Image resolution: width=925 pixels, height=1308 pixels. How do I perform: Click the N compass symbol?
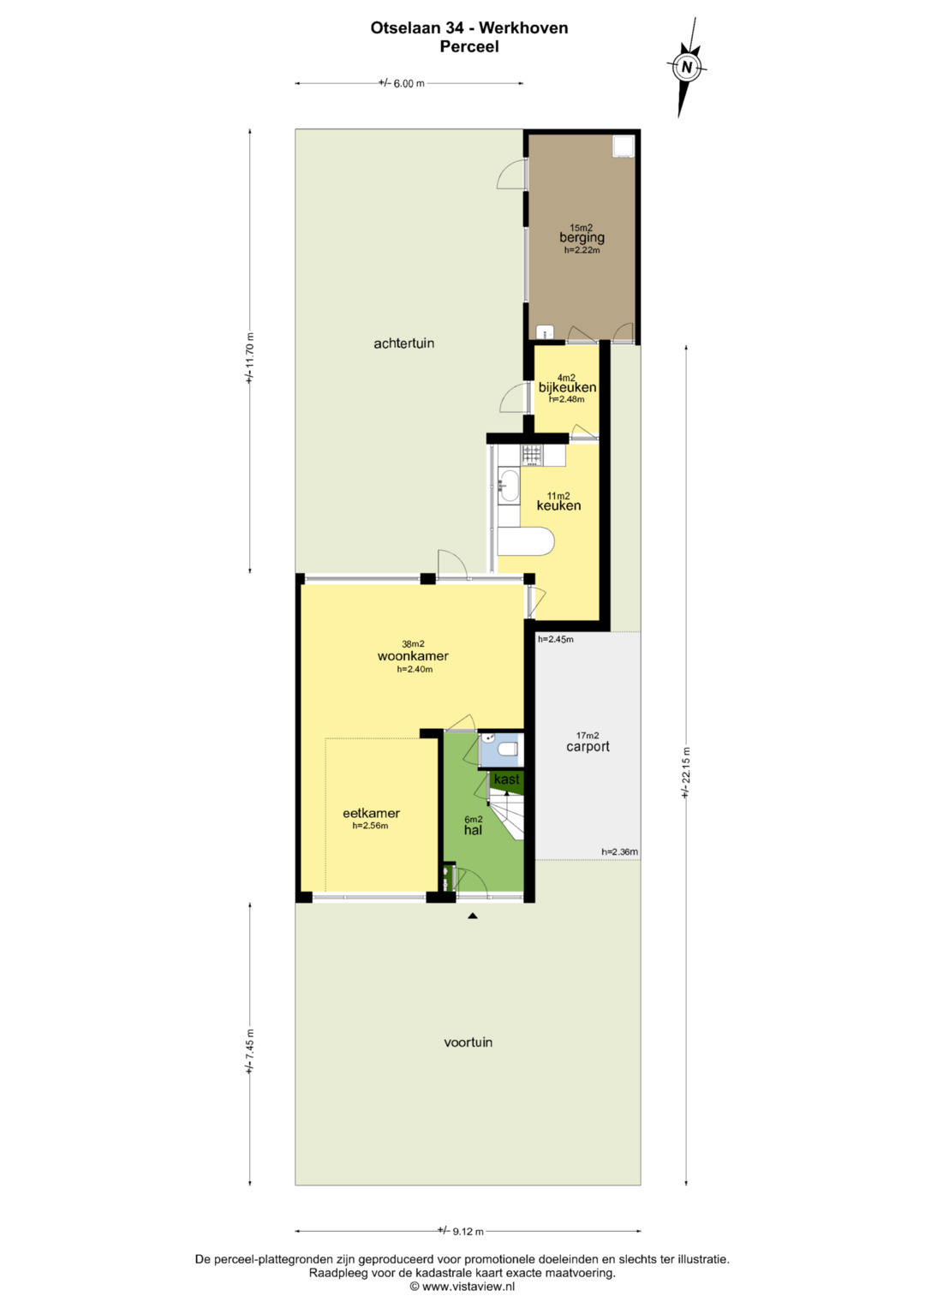point(686,67)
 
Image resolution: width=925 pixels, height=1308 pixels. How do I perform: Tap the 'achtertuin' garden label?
point(403,343)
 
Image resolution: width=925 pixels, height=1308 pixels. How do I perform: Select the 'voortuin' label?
point(468,1042)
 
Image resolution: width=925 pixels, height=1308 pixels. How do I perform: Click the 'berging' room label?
point(582,237)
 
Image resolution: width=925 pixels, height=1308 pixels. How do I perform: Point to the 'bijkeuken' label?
point(567,387)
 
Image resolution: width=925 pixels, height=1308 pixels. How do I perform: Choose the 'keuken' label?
point(558,505)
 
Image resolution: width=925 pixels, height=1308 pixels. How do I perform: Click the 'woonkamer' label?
point(413,656)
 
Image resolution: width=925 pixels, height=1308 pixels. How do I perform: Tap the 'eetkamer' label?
point(371,813)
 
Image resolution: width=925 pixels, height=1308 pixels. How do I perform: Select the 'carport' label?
point(588,746)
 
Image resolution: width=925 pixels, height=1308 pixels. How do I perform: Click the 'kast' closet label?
point(506,779)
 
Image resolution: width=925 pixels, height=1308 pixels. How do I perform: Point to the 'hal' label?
point(473,830)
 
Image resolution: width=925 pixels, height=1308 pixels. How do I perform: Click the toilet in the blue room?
point(510,749)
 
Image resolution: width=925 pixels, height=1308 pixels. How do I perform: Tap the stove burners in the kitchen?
point(532,455)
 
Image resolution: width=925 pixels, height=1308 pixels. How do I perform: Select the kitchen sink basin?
point(509,486)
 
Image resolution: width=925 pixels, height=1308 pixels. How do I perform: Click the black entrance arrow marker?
point(473,917)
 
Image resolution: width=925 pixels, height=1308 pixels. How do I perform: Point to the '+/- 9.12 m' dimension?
point(461,1231)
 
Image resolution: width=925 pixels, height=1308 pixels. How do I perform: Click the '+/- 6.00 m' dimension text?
point(401,83)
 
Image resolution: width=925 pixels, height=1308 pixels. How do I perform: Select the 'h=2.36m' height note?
point(619,852)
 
